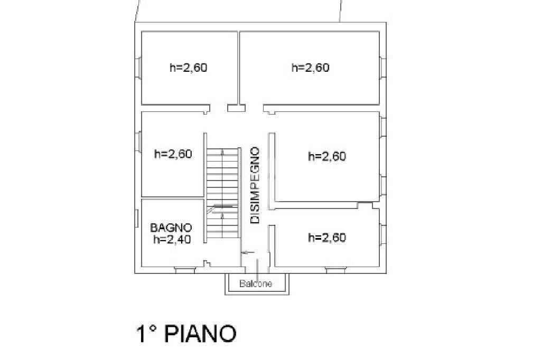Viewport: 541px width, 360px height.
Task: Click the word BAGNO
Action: (171, 228)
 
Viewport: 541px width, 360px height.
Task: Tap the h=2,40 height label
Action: (172, 239)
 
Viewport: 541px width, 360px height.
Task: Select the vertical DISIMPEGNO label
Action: (255, 185)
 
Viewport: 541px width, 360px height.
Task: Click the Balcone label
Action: (256, 284)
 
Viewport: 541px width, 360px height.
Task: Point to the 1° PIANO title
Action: (186, 334)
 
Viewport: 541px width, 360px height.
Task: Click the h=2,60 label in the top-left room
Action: (189, 68)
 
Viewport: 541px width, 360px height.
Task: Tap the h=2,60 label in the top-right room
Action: (311, 68)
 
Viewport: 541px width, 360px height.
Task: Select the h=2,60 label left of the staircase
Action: (173, 154)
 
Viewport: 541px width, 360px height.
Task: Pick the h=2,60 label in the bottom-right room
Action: (327, 238)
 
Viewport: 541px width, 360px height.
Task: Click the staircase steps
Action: (222, 193)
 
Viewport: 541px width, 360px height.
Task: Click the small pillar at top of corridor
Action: (236, 108)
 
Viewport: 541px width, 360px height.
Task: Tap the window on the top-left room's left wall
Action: (138, 68)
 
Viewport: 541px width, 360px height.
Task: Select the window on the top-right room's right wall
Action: (383, 68)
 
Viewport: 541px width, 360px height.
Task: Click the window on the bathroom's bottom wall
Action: (184, 270)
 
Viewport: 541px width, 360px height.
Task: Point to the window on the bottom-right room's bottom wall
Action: (335, 270)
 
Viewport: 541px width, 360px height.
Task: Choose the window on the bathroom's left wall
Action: (137, 219)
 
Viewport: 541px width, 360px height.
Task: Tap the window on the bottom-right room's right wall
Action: (383, 235)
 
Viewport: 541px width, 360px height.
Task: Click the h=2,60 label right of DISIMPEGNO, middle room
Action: (327, 157)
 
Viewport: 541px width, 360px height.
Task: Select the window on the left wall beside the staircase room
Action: (138, 141)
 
